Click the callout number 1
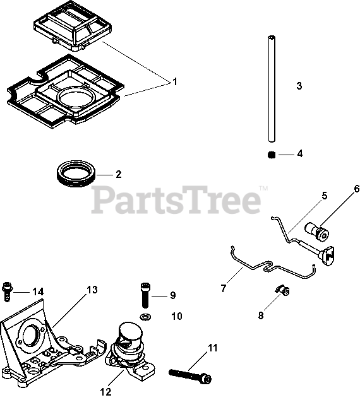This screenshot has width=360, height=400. pos(175,82)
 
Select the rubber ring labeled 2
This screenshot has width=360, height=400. pos(76,174)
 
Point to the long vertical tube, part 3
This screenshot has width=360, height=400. pos(272,89)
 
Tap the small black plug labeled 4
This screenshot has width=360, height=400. pos(272,155)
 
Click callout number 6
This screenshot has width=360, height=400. pos(356,189)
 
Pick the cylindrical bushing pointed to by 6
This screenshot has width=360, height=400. pos(317,232)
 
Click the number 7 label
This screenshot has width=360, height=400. pos(224,288)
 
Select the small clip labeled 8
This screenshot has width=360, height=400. pos(282,290)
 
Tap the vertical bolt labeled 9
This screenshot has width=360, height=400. pos(145,295)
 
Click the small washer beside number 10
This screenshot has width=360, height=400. pos(145,317)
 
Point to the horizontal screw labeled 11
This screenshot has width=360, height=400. pos(190,376)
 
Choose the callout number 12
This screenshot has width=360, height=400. pos(106,392)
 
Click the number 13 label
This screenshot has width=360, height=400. pos(92,290)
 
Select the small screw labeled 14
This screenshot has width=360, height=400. pos(7,291)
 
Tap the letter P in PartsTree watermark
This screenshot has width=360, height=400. pos(102,200)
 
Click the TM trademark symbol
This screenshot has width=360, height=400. pos(263,189)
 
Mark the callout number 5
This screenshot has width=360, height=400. pos(324,196)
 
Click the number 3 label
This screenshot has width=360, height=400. pos(299,86)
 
